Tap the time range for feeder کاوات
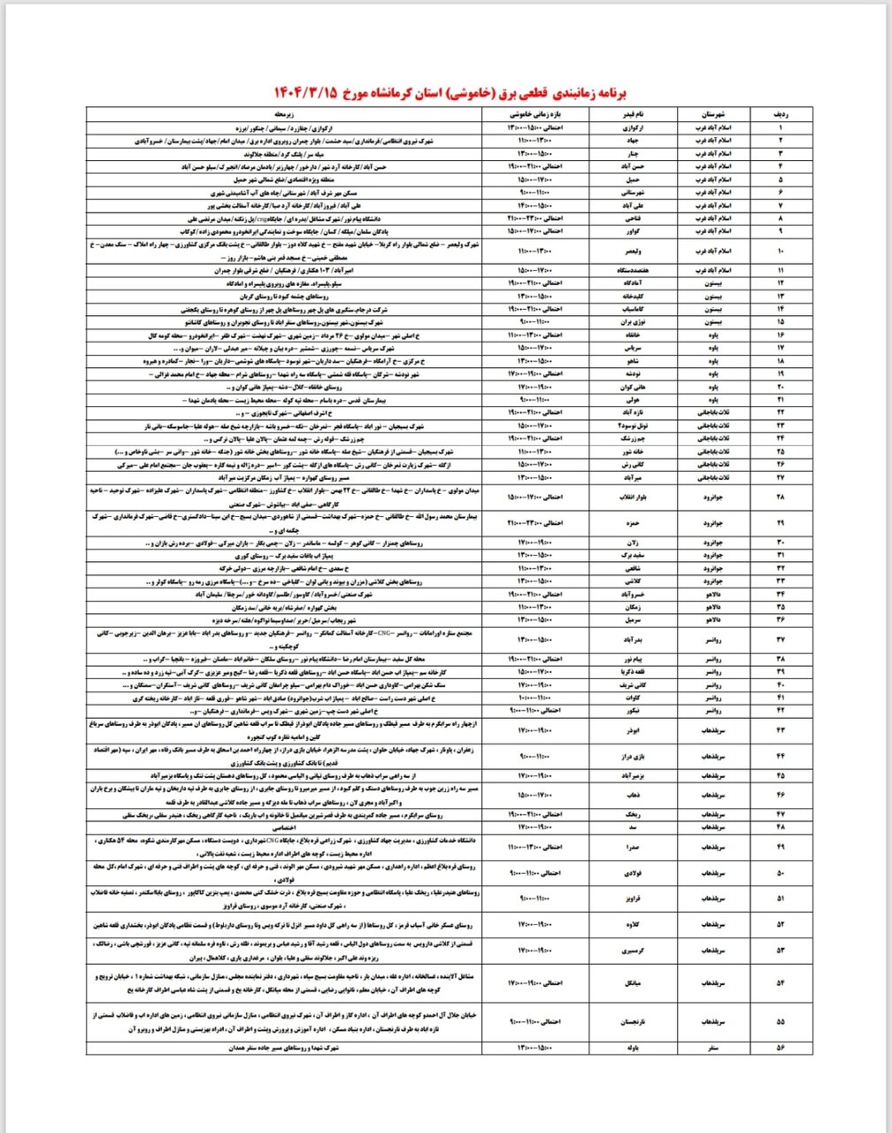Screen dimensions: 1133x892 (x=532, y=698)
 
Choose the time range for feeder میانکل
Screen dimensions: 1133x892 (x=532, y=983)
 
